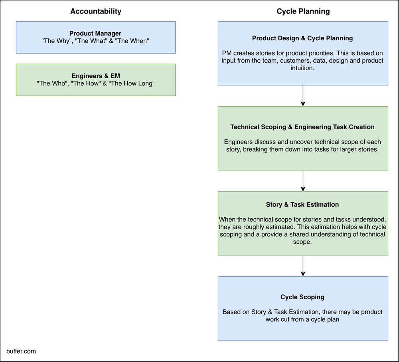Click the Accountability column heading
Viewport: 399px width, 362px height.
96,11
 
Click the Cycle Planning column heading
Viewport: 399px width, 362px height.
303,11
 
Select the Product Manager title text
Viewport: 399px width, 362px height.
95,34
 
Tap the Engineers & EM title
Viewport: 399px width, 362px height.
95,76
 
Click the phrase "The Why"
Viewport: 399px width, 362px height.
55,41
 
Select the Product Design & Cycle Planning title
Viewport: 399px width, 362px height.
302,38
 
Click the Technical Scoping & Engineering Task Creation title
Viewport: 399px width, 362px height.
302,127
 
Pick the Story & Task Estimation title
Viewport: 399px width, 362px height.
302,204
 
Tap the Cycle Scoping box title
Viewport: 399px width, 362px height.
302,297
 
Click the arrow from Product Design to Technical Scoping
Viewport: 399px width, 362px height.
303,96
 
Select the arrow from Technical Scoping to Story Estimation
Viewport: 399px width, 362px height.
303,181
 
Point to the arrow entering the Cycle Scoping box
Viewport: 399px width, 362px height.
303,266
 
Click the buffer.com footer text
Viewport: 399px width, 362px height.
21,351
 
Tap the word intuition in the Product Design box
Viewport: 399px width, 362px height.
302,68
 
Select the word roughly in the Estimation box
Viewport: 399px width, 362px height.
267,227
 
